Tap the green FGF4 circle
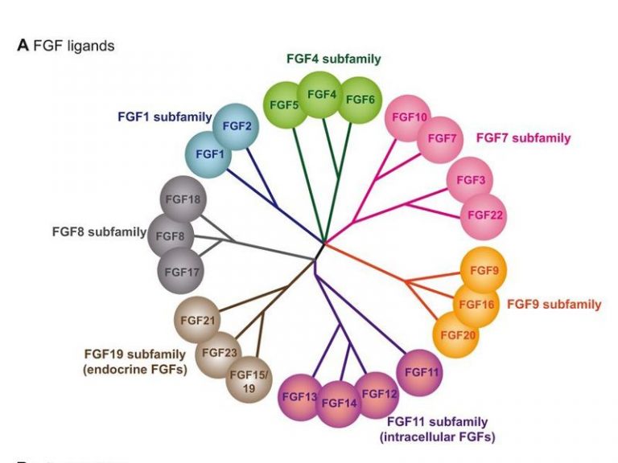[322, 95]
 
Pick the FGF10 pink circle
[410, 117]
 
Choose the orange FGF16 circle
[476, 305]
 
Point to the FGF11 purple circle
[420, 372]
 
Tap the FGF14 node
[340, 402]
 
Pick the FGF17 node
[181, 272]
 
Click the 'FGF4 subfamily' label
[333, 59]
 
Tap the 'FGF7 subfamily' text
[523, 137]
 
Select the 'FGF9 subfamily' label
[554, 305]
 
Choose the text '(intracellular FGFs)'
[437, 437]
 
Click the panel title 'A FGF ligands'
[66, 46]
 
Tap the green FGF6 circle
[359, 100]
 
